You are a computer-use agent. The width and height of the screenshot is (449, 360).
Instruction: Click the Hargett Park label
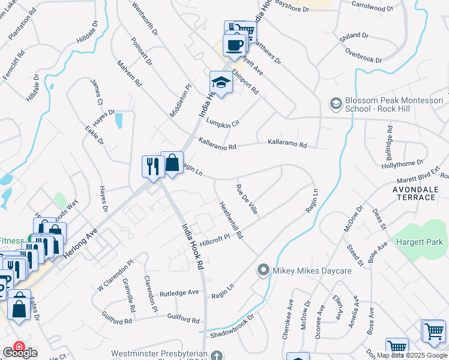[x=420, y=242]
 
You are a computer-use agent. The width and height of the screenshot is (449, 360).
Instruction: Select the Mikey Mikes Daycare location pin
[x=262, y=271]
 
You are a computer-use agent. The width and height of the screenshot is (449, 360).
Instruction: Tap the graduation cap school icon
[x=221, y=83]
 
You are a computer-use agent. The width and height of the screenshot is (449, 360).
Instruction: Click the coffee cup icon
[x=234, y=44]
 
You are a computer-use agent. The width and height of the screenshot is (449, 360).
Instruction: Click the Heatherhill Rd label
[x=231, y=220]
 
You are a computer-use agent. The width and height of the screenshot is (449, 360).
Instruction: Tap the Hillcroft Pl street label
[x=214, y=239]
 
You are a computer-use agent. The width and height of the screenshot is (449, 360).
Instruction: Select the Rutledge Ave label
[x=178, y=293]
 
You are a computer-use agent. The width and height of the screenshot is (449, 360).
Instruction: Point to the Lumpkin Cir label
[x=223, y=122]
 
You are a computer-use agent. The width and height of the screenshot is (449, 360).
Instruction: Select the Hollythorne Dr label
[x=414, y=164]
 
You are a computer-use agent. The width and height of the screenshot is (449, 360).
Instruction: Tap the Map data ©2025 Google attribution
[x=412, y=355]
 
